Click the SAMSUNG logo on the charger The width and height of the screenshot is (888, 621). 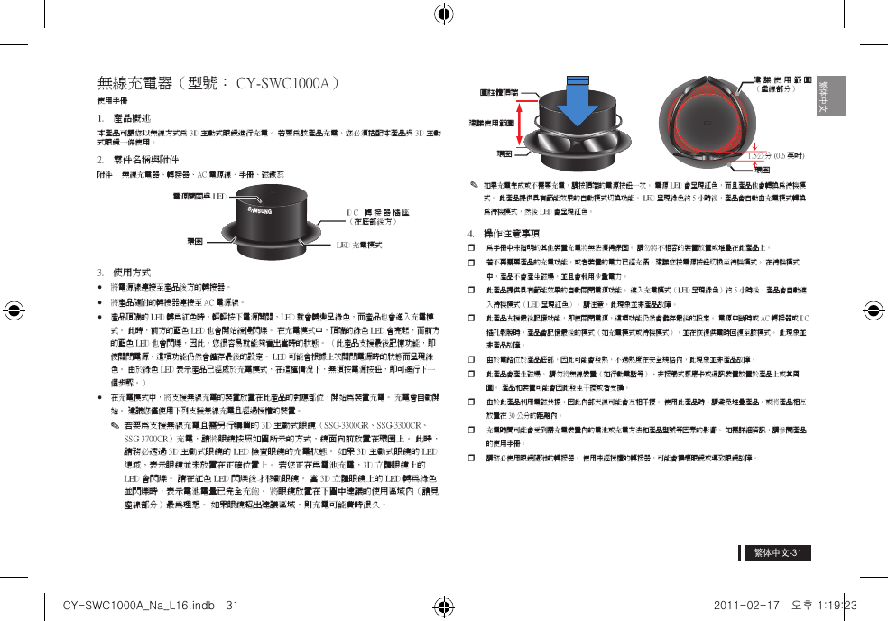pos(261,209)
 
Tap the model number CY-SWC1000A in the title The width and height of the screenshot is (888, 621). pos(286,84)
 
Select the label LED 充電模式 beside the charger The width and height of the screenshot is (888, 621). pos(358,244)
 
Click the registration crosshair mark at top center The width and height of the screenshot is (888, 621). pos(443,14)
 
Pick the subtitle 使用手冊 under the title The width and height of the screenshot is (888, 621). pos(111,100)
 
